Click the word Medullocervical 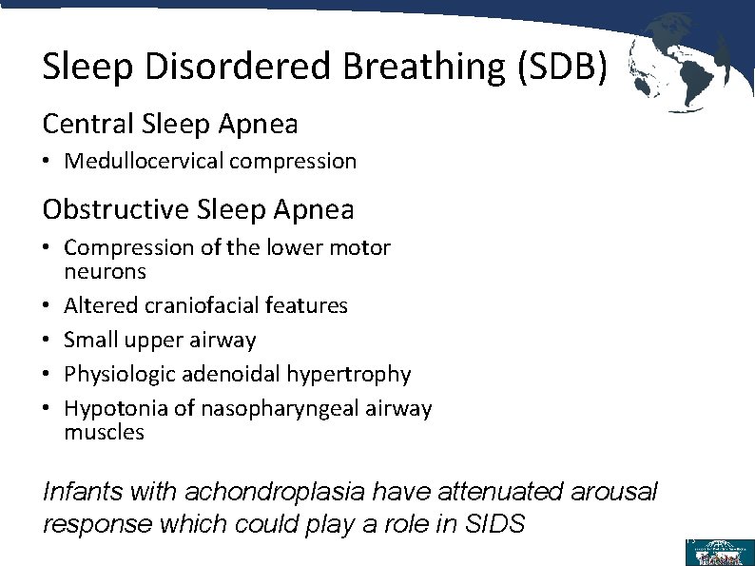(x=144, y=162)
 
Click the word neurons (x=105, y=272)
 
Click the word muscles (x=104, y=433)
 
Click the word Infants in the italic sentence (x=82, y=492)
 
